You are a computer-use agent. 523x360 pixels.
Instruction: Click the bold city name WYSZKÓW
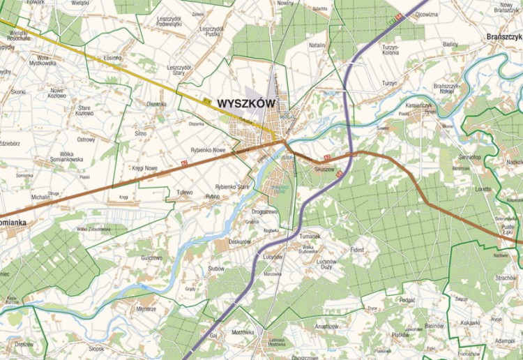pos(246,103)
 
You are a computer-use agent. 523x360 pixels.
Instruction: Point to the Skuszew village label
pos(325,169)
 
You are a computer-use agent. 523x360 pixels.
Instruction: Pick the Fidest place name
pos(358,248)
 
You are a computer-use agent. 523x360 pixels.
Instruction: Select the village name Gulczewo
pos(151,257)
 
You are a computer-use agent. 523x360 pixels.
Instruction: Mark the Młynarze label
pos(146,308)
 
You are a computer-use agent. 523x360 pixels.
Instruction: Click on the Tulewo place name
pos(184,192)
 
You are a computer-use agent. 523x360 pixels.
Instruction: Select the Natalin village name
pos(317,45)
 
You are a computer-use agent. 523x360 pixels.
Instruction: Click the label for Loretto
pos(483,189)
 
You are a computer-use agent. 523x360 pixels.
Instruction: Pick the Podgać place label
pos(408,299)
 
